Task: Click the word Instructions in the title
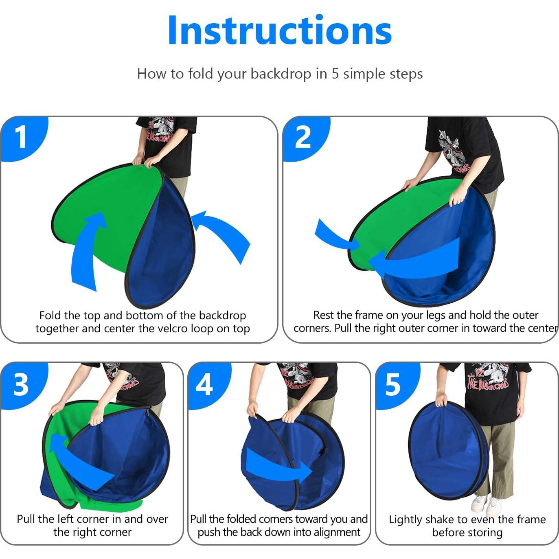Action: coord(280,31)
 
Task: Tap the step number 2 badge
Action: coord(305,138)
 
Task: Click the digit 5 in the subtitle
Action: coord(335,74)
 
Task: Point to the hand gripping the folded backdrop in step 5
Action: coord(441,400)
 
